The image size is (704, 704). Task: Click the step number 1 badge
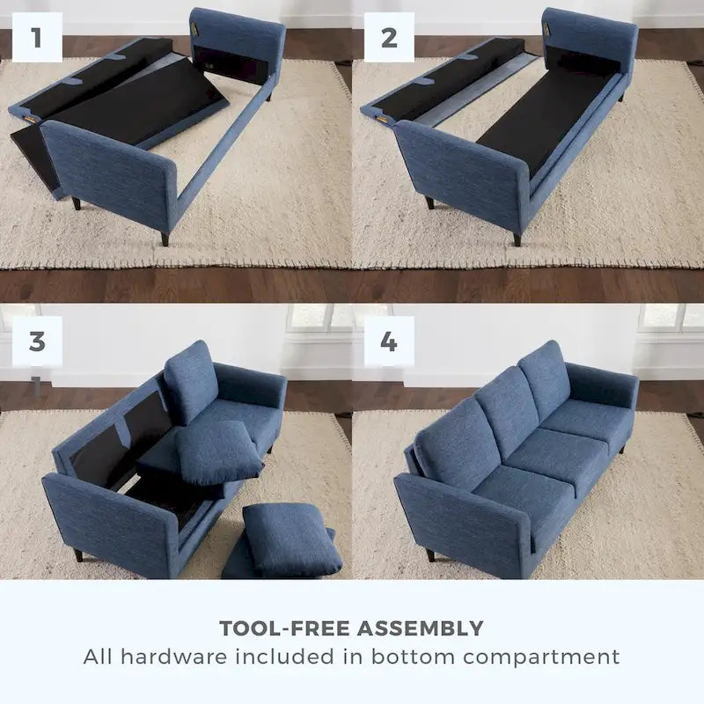coord(37,37)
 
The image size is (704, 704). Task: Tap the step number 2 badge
coord(389,37)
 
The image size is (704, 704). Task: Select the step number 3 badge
coord(37,341)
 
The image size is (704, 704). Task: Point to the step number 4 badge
coord(389,341)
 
